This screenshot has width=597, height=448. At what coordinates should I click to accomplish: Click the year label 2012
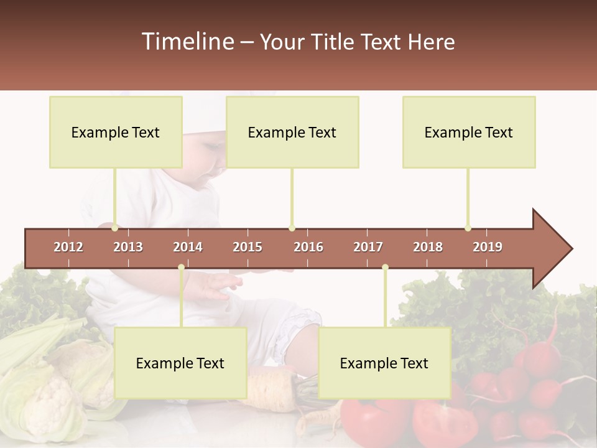click(x=68, y=247)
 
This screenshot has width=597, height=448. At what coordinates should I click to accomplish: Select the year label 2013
click(x=128, y=247)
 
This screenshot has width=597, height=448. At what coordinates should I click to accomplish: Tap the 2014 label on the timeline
click(x=188, y=247)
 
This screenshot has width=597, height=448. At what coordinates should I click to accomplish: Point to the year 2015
click(x=248, y=247)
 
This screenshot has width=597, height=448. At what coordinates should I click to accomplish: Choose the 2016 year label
click(x=308, y=247)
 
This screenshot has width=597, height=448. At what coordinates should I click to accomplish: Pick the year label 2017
click(x=368, y=247)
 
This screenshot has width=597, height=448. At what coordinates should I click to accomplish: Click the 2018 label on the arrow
click(x=428, y=247)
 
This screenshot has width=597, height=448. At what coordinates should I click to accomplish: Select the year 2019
click(x=488, y=247)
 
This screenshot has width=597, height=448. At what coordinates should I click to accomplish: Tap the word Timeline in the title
click(x=187, y=42)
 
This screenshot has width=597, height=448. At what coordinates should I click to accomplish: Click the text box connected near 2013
click(x=116, y=132)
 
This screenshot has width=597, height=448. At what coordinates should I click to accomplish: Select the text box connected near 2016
click(x=292, y=132)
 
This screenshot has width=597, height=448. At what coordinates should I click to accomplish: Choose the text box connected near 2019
click(x=469, y=132)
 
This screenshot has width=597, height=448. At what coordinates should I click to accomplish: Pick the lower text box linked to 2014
click(x=180, y=363)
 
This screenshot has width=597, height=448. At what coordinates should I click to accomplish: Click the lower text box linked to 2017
click(x=384, y=363)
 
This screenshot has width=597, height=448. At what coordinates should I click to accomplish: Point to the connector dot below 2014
click(x=181, y=268)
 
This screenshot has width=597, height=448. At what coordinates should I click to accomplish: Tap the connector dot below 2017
click(x=385, y=268)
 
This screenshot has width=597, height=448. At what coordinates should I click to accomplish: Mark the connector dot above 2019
click(x=468, y=228)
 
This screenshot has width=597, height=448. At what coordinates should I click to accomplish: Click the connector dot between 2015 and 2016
click(x=292, y=228)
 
